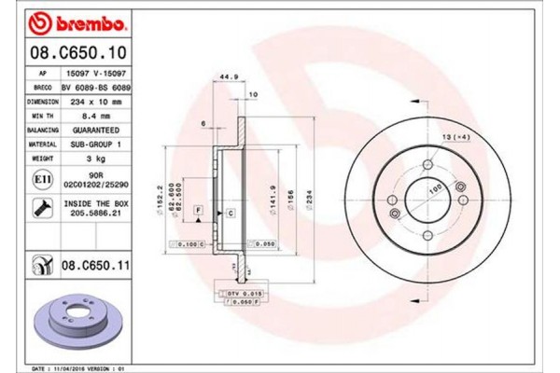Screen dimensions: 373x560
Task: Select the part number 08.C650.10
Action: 73,55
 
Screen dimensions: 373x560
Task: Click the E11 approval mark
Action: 42,178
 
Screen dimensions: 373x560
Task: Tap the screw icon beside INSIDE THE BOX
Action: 42,207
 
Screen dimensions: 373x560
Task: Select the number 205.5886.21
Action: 97,213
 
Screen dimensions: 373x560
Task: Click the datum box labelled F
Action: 199,214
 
